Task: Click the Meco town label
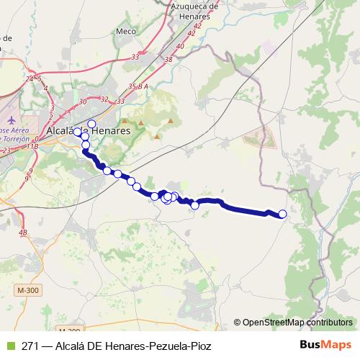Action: click(x=125, y=32)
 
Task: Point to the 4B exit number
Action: click(x=23, y=233)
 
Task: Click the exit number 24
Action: click(x=30, y=78)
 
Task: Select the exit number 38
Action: click(x=168, y=59)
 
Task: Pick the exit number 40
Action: click(x=180, y=46)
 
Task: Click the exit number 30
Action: click(x=84, y=102)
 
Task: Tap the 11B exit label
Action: click(x=32, y=146)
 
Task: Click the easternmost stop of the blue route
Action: click(x=282, y=214)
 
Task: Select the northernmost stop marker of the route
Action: click(x=91, y=124)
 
